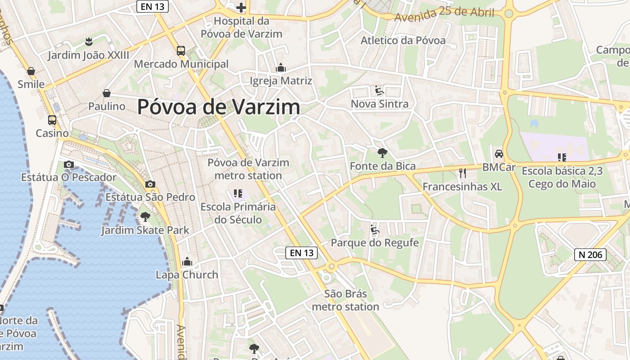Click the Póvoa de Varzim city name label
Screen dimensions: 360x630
[x=218, y=107]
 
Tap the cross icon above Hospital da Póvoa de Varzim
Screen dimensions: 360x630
[x=241, y=7]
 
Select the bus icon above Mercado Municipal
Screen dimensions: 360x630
[x=181, y=51]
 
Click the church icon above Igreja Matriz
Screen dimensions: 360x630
[x=281, y=68]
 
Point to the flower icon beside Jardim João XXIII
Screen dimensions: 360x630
[x=89, y=42]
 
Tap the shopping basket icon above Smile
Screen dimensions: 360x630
[x=31, y=71]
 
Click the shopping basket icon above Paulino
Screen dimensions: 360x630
[x=107, y=93]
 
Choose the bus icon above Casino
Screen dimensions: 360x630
[x=52, y=120]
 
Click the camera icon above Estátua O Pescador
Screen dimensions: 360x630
[x=68, y=164]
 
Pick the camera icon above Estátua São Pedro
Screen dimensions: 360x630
[x=150, y=184]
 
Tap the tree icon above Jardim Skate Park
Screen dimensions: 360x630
[x=145, y=217]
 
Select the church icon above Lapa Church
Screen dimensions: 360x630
[x=187, y=261]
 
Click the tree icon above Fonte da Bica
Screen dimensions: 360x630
[x=382, y=153]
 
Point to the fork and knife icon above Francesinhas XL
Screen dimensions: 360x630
[x=462, y=173]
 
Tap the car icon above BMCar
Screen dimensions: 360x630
[x=499, y=154]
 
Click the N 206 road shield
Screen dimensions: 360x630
[x=590, y=255]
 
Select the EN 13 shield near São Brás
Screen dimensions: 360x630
[x=301, y=253]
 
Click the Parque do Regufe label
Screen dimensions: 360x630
[x=374, y=243]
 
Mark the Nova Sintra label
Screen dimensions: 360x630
[x=379, y=104]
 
